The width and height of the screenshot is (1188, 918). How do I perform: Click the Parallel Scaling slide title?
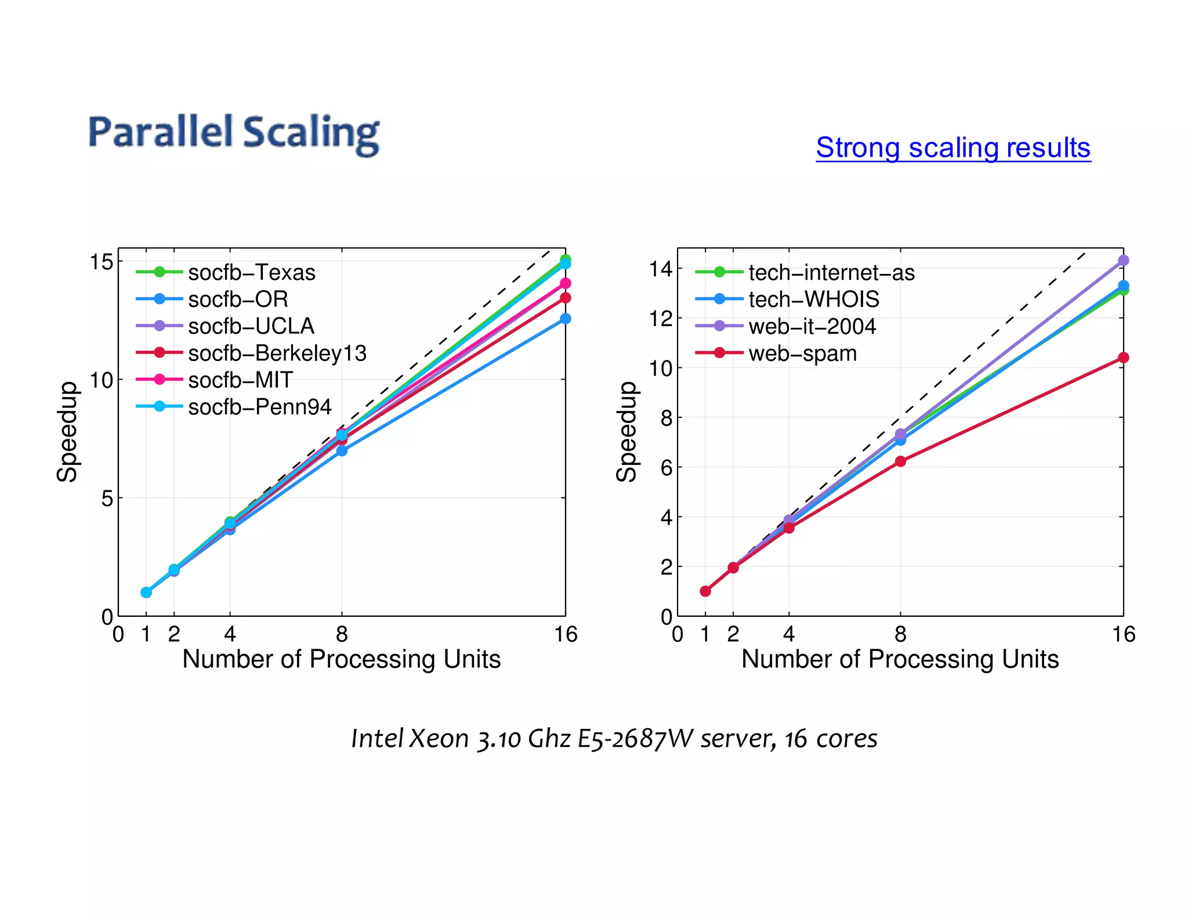click(x=234, y=133)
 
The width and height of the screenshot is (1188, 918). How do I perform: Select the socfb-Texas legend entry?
click(x=251, y=272)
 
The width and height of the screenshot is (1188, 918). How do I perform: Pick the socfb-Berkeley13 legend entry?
click(x=277, y=353)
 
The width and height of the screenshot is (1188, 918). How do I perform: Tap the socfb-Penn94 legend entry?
click(x=259, y=407)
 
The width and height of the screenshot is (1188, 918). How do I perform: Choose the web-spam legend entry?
click(x=802, y=353)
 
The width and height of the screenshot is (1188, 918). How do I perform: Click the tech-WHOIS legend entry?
click(x=813, y=299)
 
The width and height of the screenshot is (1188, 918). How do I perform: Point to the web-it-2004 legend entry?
click(x=812, y=326)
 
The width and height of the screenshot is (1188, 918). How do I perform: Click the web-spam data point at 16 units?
click(x=1123, y=357)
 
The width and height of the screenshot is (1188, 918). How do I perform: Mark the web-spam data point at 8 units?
click(x=900, y=461)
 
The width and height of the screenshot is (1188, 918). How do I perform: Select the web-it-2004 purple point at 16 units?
click(x=1123, y=261)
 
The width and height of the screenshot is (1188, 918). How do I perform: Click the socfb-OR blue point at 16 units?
click(x=565, y=319)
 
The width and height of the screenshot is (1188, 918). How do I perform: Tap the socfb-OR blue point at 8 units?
click(x=342, y=450)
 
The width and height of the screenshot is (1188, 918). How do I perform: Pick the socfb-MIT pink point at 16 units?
click(x=565, y=283)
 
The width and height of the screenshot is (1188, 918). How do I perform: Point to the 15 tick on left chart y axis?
click(x=102, y=262)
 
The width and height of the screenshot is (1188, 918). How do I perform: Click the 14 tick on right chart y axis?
click(x=661, y=269)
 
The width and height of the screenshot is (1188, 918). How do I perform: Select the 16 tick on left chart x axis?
click(x=565, y=634)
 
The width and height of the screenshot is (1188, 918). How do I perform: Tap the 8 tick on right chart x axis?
click(x=900, y=634)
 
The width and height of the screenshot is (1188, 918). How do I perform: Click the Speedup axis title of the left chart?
click(x=67, y=432)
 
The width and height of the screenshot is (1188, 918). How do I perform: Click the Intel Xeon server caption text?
click(x=614, y=738)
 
